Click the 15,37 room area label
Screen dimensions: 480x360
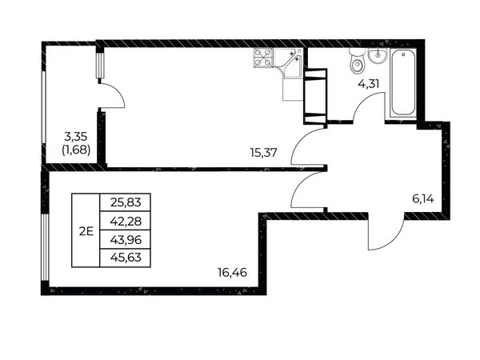pyautogui.click(x=263, y=153)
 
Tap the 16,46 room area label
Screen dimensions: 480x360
pyautogui.click(x=232, y=272)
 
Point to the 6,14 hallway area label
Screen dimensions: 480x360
pyautogui.click(x=423, y=199)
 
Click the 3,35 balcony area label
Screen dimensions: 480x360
pyautogui.click(x=76, y=136)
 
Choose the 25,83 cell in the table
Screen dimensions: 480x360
pyautogui.click(x=126, y=202)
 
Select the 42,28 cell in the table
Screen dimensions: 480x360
pyautogui.click(x=126, y=221)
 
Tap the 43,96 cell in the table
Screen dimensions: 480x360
pyautogui.click(x=126, y=239)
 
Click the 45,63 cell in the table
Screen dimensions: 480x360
pyautogui.click(x=126, y=258)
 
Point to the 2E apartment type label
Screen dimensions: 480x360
pyautogui.click(x=86, y=231)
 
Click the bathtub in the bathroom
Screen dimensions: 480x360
pyautogui.click(x=403, y=83)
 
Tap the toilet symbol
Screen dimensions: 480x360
pyautogui.click(x=357, y=62)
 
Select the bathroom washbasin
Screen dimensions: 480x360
pyautogui.click(x=378, y=55)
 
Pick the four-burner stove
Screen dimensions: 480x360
pyautogui.click(x=263, y=58)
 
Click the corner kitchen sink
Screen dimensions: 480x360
pyautogui.click(x=288, y=62)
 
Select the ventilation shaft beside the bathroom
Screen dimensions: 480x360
pyautogui.click(x=315, y=96)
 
